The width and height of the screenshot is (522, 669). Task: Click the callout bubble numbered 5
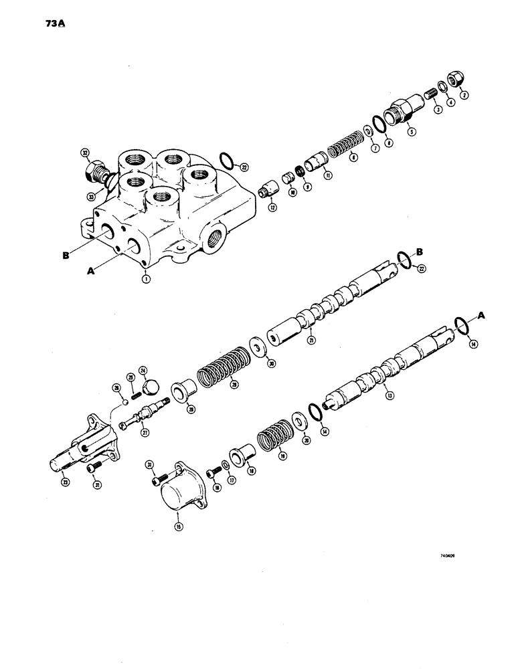[x=412, y=132]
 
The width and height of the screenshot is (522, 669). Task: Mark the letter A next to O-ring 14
[x=481, y=315]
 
